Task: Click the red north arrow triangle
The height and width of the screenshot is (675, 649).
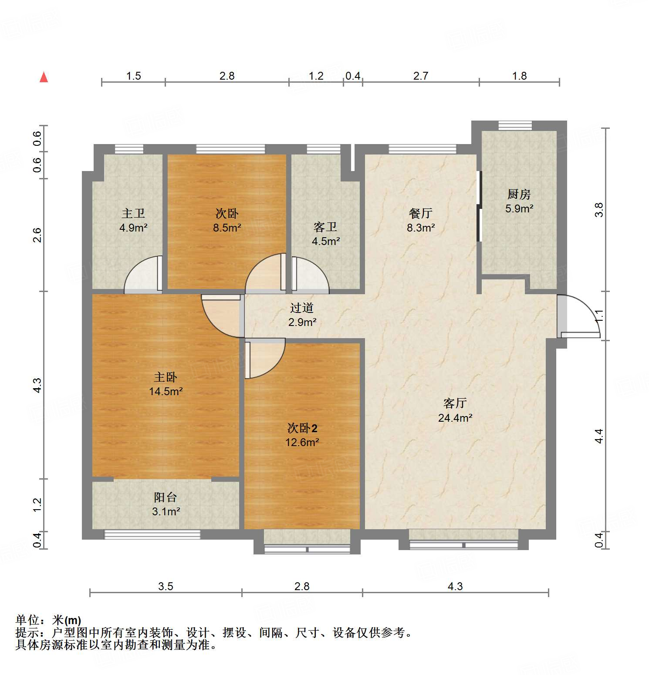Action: [44, 77]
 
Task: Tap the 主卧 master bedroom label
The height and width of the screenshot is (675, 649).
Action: [166, 377]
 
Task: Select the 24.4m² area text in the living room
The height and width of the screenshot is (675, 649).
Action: [455, 418]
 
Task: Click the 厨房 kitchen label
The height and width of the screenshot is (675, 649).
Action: [519, 194]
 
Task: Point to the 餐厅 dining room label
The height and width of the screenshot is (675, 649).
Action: [420, 213]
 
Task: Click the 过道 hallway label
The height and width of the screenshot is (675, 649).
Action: [302, 308]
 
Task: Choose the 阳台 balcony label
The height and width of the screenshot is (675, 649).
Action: [166, 497]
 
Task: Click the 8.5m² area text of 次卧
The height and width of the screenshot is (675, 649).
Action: [227, 228]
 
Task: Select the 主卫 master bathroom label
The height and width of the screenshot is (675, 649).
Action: [133, 213]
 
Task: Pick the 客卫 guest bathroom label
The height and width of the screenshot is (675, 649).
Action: [325, 227]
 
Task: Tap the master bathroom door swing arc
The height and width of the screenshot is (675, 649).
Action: [142, 274]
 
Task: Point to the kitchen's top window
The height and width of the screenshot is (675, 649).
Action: [515, 126]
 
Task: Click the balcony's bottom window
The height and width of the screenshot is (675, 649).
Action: [152, 534]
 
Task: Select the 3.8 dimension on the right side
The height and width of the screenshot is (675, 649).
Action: [599, 210]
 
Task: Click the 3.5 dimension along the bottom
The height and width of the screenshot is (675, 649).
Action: [166, 586]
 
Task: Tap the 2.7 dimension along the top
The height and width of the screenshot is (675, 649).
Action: [420, 76]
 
